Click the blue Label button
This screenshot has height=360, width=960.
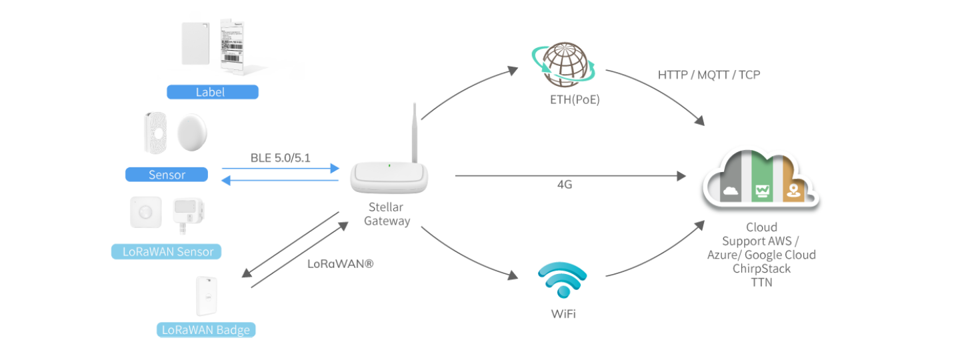[x=212, y=92]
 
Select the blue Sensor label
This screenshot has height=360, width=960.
[x=167, y=175]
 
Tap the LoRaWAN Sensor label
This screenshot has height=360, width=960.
[x=167, y=252]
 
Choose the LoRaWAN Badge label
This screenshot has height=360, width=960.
[x=206, y=329]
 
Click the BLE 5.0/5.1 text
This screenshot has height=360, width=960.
[x=280, y=159]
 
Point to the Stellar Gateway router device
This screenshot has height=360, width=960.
[x=389, y=177]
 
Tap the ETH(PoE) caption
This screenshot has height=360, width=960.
[x=566, y=101]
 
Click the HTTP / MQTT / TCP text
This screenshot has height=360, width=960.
[x=709, y=75]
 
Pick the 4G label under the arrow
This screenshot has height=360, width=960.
[x=564, y=185]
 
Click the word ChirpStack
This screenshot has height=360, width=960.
[x=761, y=268]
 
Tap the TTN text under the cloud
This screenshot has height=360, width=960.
[x=761, y=281]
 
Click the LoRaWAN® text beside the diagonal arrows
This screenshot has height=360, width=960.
[x=340, y=263]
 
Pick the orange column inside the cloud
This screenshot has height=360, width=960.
[x=793, y=180]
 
